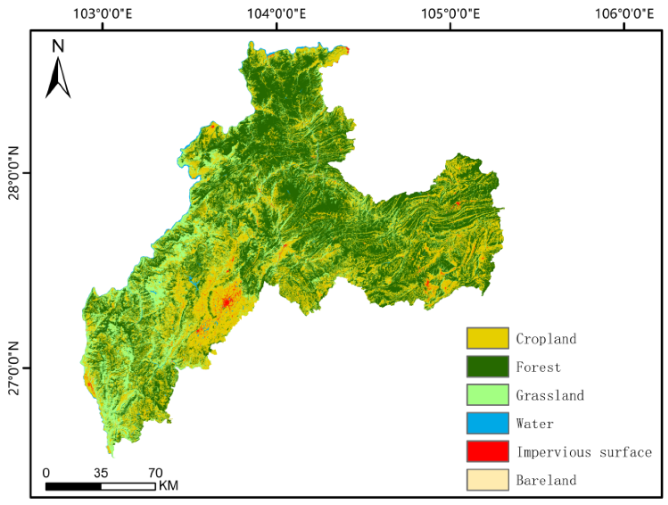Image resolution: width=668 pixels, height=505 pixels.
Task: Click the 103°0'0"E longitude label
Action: point(103,14)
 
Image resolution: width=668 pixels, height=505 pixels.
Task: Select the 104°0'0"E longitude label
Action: point(277,14)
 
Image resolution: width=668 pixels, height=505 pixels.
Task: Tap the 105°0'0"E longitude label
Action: point(450,14)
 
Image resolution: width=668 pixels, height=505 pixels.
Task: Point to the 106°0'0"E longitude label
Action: point(624,14)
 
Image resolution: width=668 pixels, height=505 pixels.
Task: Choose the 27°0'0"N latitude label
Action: point(14,368)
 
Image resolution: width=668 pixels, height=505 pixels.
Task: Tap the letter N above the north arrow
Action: point(58,46)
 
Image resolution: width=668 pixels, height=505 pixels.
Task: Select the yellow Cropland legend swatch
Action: point(488,338)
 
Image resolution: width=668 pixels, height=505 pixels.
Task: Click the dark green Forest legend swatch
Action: point(488,366)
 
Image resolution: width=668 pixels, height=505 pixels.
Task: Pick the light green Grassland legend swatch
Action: point(488,395)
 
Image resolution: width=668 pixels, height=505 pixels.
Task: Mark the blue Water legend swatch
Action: point(488,423)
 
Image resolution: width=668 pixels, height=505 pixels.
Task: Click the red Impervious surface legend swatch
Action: point(488,451)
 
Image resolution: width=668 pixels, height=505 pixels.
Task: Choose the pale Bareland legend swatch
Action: point(488,479)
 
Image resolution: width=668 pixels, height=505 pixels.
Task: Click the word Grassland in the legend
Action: point(550,395)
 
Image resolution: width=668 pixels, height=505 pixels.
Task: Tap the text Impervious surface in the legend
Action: point(584,452)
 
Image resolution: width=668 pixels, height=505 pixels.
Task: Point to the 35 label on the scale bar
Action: point(101,473)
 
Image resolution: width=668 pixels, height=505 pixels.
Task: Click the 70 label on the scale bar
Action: point(155,473)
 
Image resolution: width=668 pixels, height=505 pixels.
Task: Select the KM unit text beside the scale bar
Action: point(168,486)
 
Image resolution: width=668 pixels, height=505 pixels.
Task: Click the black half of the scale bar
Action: point(73,487)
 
